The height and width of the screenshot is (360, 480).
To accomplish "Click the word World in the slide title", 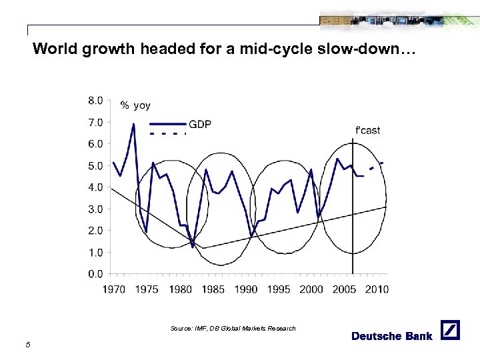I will (x=55, y=49).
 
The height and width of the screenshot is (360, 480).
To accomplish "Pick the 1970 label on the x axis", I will (x=115, y=289).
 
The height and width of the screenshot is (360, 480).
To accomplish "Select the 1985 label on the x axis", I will (x=213, y=289).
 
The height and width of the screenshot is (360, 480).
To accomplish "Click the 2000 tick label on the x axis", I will (x=311, y=289).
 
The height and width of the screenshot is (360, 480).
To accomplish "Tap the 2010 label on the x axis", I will (x=376, y=289).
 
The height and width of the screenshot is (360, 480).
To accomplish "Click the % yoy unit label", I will (x=135, y=105).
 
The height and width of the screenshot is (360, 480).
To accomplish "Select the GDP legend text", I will (x=200, y=124).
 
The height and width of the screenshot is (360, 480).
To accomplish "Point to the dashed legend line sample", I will (x=167, y=134).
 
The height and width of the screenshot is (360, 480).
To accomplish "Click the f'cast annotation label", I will (x=367, y=130).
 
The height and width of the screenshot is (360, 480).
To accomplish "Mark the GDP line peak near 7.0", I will (x=133, y=124).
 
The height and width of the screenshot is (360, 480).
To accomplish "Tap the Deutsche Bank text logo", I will (x=392, y=336).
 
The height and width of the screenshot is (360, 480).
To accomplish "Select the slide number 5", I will (x=27, y=344).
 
